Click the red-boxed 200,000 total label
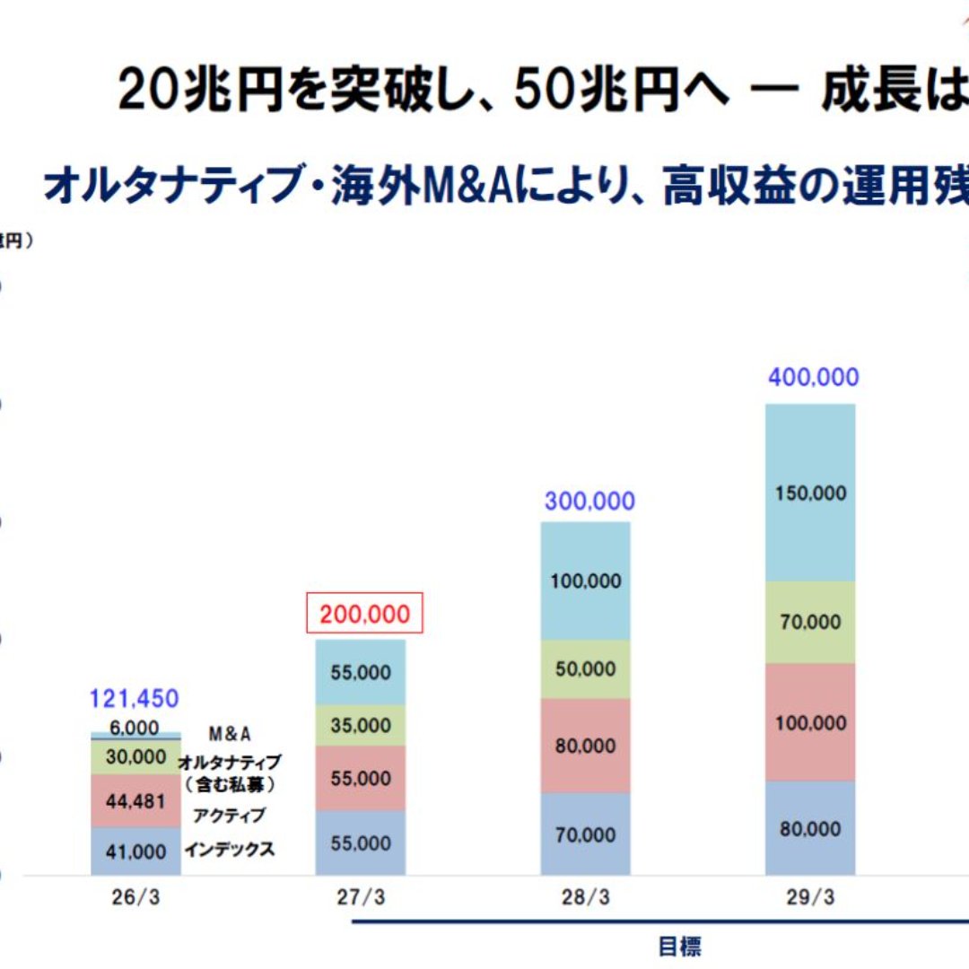[364, 614]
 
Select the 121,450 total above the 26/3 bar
[135, 698]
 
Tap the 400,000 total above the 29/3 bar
[813, 378]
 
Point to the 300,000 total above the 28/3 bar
[589, 501]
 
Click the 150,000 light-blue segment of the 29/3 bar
[811, 493]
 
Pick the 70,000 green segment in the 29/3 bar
[811, 622]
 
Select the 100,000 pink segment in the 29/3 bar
[811, 722]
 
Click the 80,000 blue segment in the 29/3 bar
[811, 828]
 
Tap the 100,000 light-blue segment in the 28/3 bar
[587, 581]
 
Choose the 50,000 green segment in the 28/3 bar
[587, 669]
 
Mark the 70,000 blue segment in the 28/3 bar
[587, 835]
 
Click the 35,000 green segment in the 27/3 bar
[361, 725]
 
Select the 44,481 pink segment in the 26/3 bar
[136, 800]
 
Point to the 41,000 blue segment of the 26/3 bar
[136, 851]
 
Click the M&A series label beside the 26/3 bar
[230, 734]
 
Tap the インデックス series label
[230, 850]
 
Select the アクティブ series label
[230, 816]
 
